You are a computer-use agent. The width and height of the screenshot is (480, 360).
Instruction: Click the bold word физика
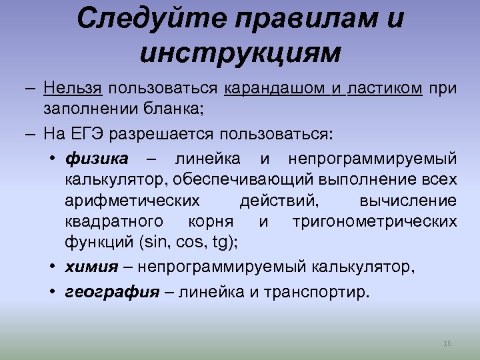(97, 159)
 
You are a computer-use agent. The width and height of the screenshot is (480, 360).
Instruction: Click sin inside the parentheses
(149, 242)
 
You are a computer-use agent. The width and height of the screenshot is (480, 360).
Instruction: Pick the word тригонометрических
(375, 221)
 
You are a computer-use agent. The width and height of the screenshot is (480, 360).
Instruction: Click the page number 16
(447, 343)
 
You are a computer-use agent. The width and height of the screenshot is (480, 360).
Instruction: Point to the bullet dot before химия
(51, 267)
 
